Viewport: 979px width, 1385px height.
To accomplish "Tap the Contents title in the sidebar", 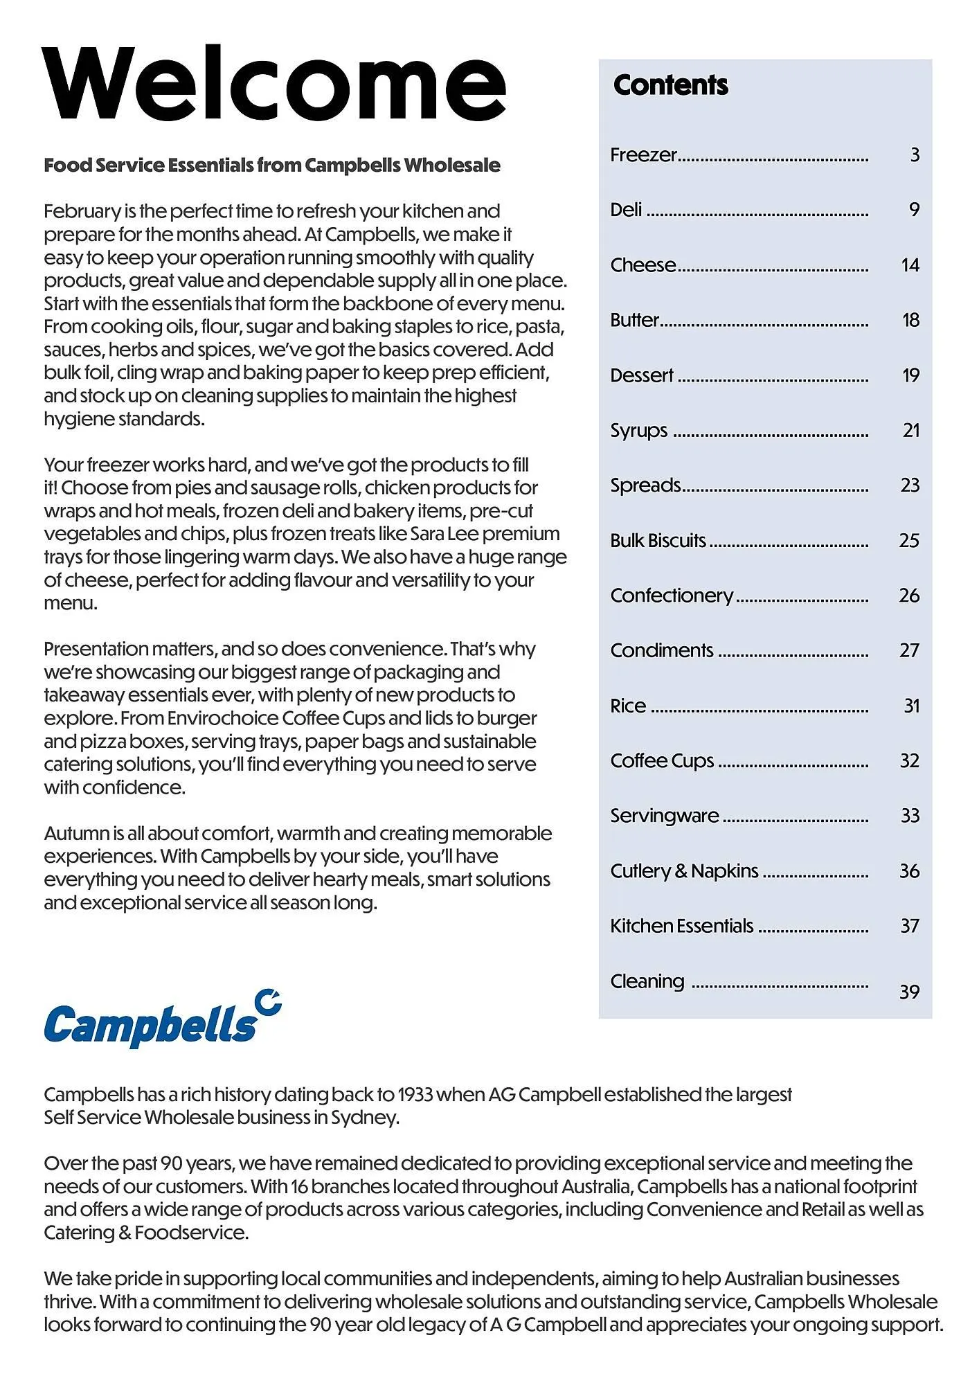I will (x=670, y=85).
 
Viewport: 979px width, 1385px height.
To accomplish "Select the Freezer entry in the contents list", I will (x=643, y=155).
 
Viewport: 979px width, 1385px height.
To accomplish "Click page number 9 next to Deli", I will (x=914, y=210).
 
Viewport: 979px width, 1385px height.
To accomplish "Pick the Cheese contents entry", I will (x=643, y=265).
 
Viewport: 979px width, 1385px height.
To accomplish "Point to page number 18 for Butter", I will (x=910, y=320).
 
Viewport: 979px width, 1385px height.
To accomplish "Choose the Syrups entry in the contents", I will (x=638, y=431).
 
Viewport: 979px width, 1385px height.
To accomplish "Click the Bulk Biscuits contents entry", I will (x=658, y=541).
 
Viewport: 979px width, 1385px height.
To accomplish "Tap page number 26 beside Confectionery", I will (x=909, y=596).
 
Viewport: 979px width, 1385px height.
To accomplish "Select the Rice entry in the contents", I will (x=628, y=706).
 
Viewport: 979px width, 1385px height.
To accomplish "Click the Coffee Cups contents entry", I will (x=662, y=761).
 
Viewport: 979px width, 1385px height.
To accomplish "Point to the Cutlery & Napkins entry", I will (x=684, y=871).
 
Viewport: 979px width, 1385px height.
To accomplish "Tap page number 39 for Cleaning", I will (x=909, y=992).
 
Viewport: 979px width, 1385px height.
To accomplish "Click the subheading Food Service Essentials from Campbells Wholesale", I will (x=271, y=166).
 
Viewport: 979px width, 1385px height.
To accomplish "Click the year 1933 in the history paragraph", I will (x=415, y=1095).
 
